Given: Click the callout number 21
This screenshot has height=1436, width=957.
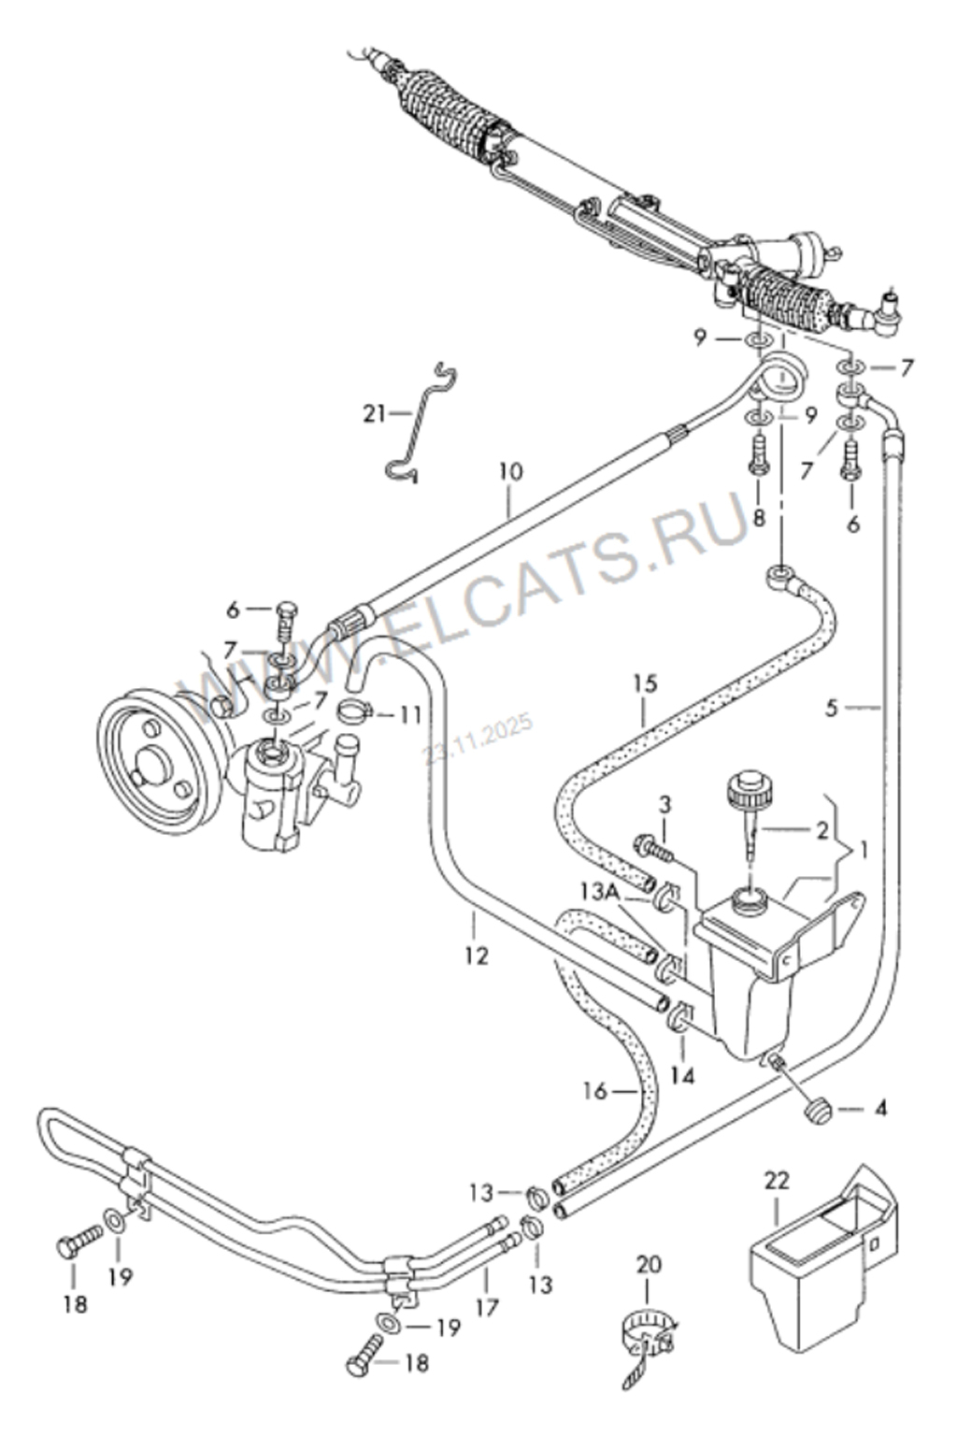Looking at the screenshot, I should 375,412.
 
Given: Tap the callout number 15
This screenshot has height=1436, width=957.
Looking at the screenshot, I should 645,683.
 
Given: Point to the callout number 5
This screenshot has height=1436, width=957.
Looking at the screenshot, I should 832,708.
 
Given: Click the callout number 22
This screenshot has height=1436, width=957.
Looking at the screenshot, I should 778,1181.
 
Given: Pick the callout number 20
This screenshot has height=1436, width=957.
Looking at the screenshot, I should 649,1265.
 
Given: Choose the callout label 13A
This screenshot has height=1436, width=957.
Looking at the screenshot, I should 599,893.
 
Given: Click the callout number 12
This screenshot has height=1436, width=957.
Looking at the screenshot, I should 477,955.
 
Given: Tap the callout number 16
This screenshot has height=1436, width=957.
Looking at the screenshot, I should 595,1089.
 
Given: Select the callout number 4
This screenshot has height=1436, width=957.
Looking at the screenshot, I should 879,1110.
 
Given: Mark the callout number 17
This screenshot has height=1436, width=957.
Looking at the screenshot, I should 487,1306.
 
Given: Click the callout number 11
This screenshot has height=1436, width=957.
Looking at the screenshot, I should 410,716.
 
